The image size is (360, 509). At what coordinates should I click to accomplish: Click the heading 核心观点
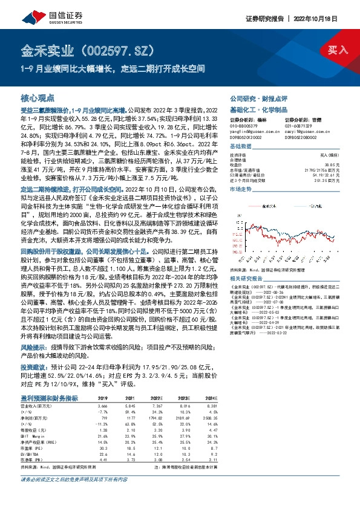point(38,97)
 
